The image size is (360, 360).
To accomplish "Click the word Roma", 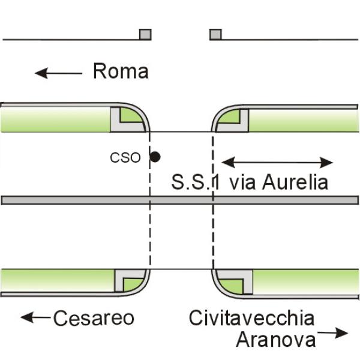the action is [121, 71].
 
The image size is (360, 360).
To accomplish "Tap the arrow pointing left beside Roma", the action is [58, 73].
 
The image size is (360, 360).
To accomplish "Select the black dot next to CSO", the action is [155, 157].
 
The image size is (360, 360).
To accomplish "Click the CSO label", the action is [125, 158].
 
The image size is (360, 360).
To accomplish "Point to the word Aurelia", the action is [295, 182].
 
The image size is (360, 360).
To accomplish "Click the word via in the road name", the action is [243, 183].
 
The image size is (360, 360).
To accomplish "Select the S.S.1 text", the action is [196, 182].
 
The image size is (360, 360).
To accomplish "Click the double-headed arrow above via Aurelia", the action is [277, 163].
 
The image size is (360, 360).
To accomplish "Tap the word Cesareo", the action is [94, 318].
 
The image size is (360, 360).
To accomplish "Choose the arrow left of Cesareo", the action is [35, 317].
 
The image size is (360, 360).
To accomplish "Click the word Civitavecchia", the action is [251, 318].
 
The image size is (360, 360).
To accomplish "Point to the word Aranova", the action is [276, 339].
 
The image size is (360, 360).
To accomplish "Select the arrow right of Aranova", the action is [333, 332].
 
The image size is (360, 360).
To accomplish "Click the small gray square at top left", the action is [145, 34].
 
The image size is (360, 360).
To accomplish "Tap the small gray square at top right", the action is [215, 34].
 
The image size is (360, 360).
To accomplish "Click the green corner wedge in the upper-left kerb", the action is [129, 115].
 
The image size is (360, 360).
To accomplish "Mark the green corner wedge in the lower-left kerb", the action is [132, 284].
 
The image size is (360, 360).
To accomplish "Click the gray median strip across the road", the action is [180, 200].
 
